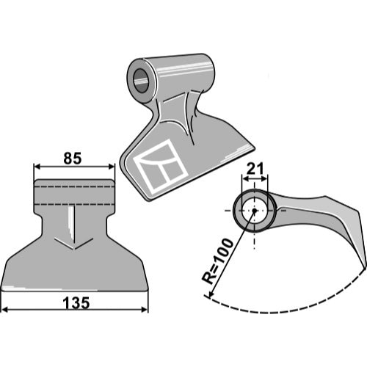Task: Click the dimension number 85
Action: [x=73, y=159]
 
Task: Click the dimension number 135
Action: [x=76, y=303]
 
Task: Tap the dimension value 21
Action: [x=255, y=168]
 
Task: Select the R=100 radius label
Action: [x=217, y=261]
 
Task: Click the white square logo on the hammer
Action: [x=161, y=166]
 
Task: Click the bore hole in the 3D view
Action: [x=141, y=81]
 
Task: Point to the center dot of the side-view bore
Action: [x=255, y=211]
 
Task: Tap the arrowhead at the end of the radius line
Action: [x=209, y=294]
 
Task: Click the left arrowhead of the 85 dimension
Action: [x=37, y=167]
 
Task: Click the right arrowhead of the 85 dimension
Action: [x=111, y=167]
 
